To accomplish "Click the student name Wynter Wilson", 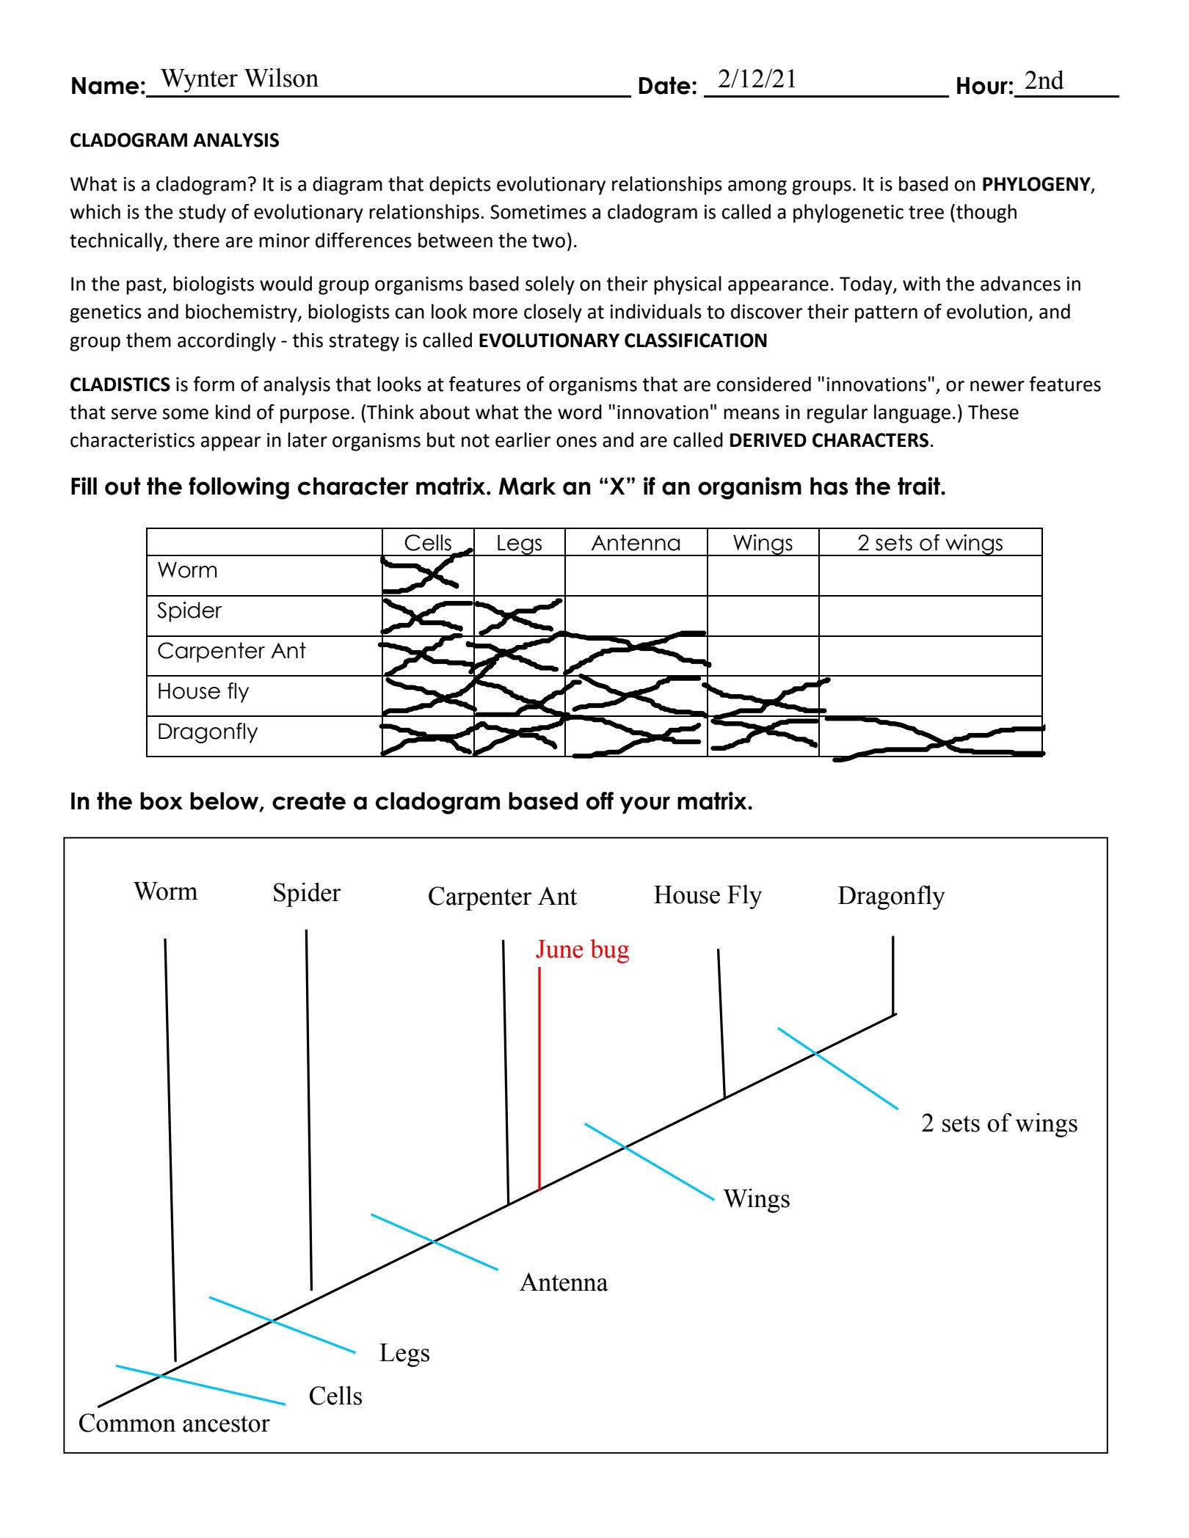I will coord(239,79).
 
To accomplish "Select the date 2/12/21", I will coord(757,79).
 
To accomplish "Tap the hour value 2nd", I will coord(1043,81).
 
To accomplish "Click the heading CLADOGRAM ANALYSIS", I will coord(174,140).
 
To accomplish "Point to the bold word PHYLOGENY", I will coord(1036,184).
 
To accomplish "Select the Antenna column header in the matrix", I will coord(636,543).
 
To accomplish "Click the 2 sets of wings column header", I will coord(929,543).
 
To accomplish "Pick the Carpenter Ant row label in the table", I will coord(231,651).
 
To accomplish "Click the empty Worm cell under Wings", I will coord(763,575).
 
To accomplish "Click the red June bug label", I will coord(582,950).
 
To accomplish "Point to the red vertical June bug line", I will coord(539,1079).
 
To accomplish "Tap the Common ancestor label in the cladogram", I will coord(174,1424).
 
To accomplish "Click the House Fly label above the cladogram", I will coord(708,895).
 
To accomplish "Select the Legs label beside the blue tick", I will coord(404,1352).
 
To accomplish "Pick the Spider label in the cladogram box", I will coord(306,893).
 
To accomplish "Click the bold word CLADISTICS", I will coord(120,384).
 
